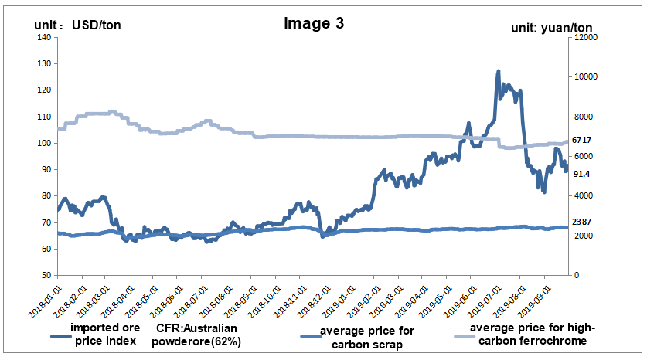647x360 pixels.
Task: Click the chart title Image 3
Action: point(314,23)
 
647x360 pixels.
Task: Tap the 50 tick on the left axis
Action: point(46,276)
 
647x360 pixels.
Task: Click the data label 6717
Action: point(581,141)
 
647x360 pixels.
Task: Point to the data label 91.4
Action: point(581,174)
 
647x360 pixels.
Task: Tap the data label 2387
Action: point(581,223)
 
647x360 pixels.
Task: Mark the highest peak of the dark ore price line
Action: point(498,72)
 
